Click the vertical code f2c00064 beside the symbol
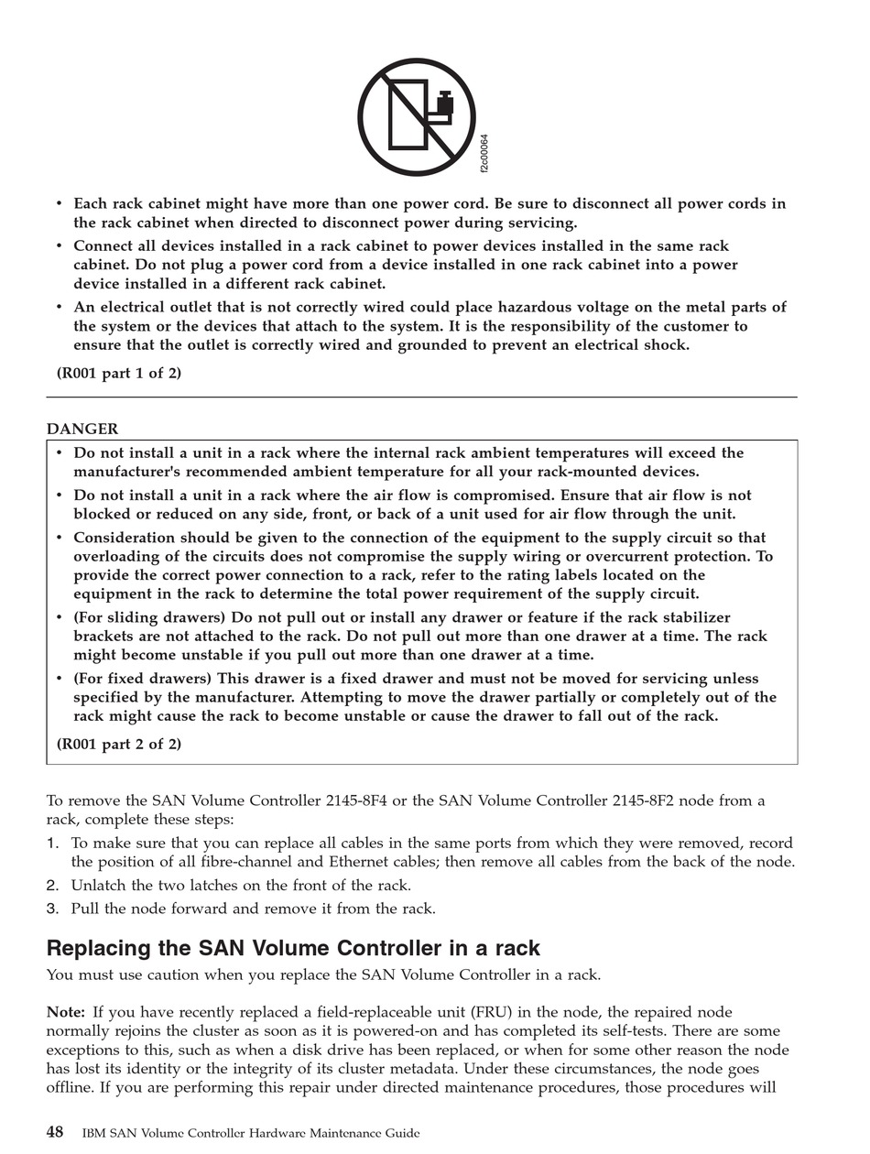[x=484, y=153]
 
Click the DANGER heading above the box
[x=82, y=429]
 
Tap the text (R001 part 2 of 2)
[x=119, y=744]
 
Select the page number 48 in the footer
[x=55, y=1133]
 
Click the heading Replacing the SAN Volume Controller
[x=293, y=948]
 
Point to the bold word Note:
[x=66, y=1012]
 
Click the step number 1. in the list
[x=53, y=843]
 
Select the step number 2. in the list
[x=53, y=885]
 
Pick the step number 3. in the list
[x=53, y=909]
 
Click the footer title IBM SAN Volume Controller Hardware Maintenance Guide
[x=251, y=1134]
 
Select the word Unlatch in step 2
[x=98, y=885]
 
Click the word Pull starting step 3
[x=85, y=909]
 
